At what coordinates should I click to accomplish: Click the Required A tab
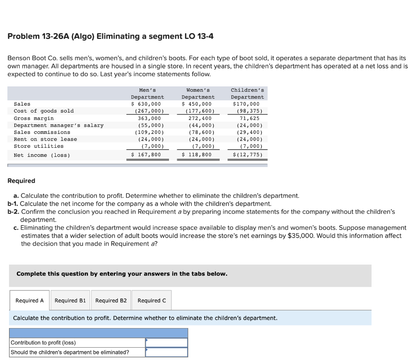pos(29,301)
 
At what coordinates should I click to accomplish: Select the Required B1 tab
pos(70,301)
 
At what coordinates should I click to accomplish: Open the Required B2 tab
pos(111,301)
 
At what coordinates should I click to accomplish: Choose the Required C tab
pos(152,301)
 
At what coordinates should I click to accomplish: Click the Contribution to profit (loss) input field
pos(167,343)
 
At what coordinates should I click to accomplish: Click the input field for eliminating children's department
pos(167,352)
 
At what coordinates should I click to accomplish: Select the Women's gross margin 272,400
pos(198,118)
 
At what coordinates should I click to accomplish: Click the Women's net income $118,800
pos(197,155)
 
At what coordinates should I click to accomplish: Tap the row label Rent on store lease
pos(45,139)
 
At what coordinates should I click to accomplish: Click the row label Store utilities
pos(39,146)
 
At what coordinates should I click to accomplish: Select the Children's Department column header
pos(248,93)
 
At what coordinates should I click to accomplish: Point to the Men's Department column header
pos(147,93)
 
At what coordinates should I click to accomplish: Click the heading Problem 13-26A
pos(110,36)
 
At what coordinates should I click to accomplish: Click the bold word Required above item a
pos(21,181)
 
